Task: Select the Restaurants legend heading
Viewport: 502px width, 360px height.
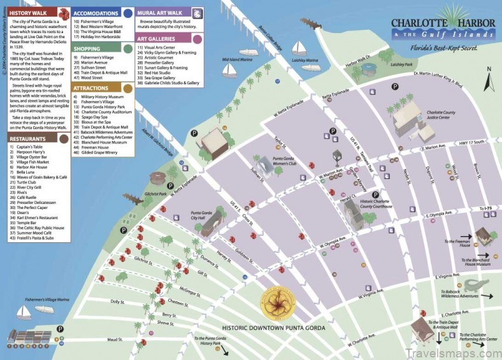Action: (29, 138)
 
